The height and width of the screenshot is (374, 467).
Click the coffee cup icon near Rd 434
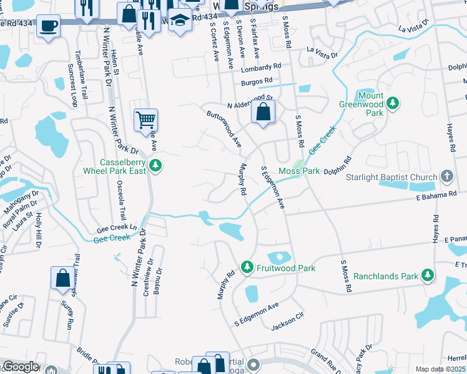tap(47, 27)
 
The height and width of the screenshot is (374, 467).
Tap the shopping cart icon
tap(145, 120)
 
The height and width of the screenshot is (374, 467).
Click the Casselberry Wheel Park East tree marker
tap(157, 165)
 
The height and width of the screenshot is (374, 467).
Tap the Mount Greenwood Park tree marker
tap(393, 103)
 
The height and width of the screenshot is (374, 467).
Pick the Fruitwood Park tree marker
tap(247, 267)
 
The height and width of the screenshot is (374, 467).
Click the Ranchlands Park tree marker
tap(428, 275)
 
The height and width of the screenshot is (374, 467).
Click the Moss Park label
tap(299, 171)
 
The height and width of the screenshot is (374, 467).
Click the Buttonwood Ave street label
tap(224, 128)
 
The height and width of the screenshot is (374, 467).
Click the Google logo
tap(21, 367)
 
